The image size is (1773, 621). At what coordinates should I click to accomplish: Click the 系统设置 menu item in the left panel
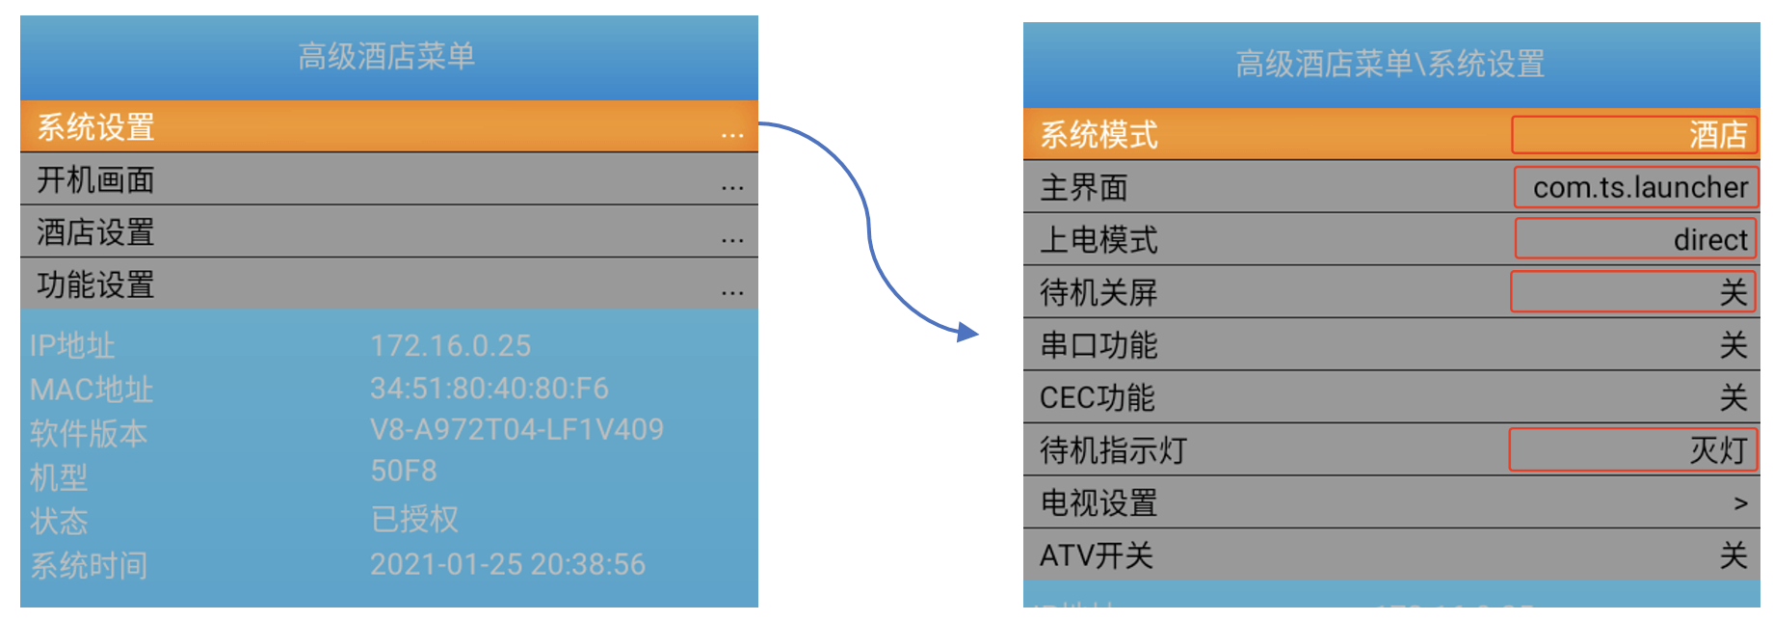tap(96, 127)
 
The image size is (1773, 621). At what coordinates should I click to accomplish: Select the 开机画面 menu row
tap(96, 180)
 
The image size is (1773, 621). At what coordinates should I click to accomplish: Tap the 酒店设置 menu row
tap(96, 232)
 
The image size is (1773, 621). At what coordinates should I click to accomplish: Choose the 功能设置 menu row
tap(96, 285)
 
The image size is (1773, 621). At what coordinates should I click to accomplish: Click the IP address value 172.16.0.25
tap(450, 346)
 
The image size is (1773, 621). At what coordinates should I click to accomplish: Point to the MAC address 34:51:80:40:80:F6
tap(489, 389)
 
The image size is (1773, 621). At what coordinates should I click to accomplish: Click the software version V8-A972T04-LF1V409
tap(516, 430)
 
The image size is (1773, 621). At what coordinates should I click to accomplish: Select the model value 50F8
tap(403, 472)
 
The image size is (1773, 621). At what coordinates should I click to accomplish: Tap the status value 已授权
tap(414, 520)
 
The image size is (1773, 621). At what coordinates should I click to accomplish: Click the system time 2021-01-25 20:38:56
tap(508, 564)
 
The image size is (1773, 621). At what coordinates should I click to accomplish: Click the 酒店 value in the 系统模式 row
tap(1717, 135)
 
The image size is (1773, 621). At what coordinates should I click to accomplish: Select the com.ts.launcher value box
tap(1638, 187)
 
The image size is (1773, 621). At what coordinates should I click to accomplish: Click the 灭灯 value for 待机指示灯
tap(1717, 450)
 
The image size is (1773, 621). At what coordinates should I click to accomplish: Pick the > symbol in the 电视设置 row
tap(1740, 503)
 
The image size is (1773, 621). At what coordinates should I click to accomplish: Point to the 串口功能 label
tap(1098, 345)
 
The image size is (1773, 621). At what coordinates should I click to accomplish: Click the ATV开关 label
tap(1096, 555)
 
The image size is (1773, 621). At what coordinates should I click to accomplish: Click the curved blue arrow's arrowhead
tap(967, 333)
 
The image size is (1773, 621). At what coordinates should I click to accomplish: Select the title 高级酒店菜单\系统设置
tap(1389, 65)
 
